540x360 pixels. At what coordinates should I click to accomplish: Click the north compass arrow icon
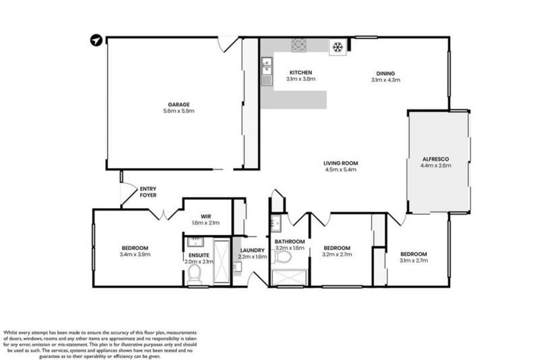tap(98, 41)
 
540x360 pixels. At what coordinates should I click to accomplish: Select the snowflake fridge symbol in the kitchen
tap(337, 46)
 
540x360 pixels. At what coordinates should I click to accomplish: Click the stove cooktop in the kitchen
tap(299, 45)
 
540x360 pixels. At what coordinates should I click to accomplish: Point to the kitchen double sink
tap(267, 69)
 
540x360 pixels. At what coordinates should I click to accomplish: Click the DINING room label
tap(385, 74)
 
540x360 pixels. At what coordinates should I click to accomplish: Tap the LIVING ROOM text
tap(340, 163)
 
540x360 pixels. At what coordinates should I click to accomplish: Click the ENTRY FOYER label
tap(148, 192)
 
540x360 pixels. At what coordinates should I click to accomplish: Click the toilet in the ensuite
tap(195, 273)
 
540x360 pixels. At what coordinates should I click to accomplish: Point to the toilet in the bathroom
tap(283, 257)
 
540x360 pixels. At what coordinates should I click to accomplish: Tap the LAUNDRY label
tap(252, 251)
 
